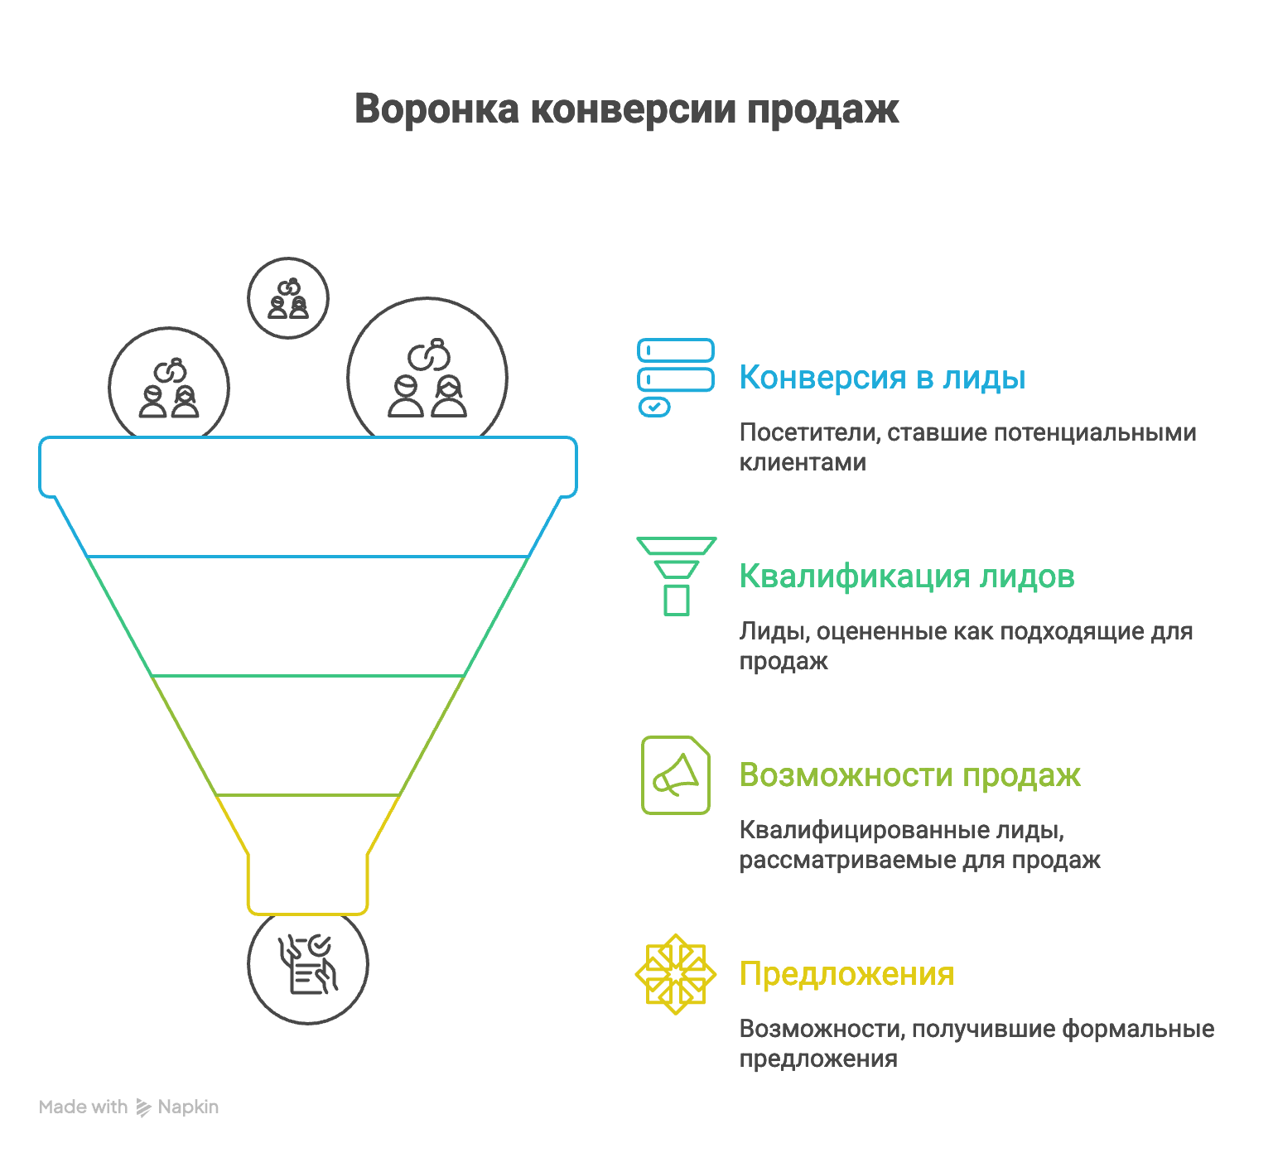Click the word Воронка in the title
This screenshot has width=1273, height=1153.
point(436,109)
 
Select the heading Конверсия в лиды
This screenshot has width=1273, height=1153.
point(882,378)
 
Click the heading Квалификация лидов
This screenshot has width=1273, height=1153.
point(907,576)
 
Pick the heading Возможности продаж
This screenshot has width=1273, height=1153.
point(909,775)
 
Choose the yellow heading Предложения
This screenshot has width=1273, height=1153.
point(846,974)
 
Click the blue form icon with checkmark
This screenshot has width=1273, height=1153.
point(675,377)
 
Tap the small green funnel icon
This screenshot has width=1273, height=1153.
point(676,576)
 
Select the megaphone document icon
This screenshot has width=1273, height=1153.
point(676,775)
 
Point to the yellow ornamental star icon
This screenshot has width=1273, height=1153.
point(676,974)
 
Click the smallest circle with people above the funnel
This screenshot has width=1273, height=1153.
point(288,298)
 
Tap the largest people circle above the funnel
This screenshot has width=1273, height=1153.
point(427,377)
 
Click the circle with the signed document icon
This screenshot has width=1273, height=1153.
point(308,964)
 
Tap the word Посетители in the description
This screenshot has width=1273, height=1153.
point(808,432)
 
